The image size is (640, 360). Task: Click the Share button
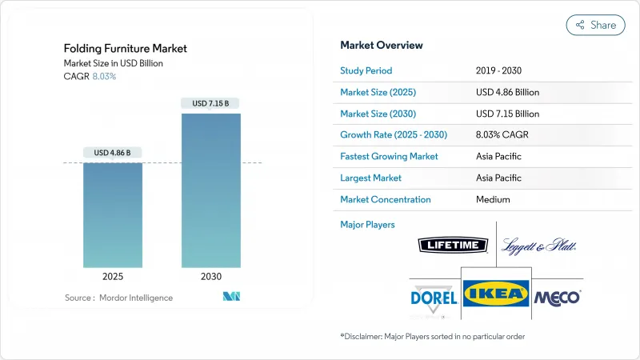point(595,25)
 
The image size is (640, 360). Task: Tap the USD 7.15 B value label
point(211,103)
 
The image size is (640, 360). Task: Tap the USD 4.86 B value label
point(113,153)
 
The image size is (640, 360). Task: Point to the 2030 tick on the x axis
point(211,276)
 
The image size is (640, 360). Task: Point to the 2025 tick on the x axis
point(113,276)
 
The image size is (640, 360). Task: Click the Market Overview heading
point(382,46)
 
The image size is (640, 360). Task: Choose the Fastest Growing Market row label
point(389,156)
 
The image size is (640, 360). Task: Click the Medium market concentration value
point(492,199)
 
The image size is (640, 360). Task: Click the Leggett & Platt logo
point(540,246)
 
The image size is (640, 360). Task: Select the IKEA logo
point(496,294)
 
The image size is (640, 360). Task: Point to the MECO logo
point(557,297)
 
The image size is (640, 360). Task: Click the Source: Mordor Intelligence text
point(118,298)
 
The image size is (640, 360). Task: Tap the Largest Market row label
point(370,178)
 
